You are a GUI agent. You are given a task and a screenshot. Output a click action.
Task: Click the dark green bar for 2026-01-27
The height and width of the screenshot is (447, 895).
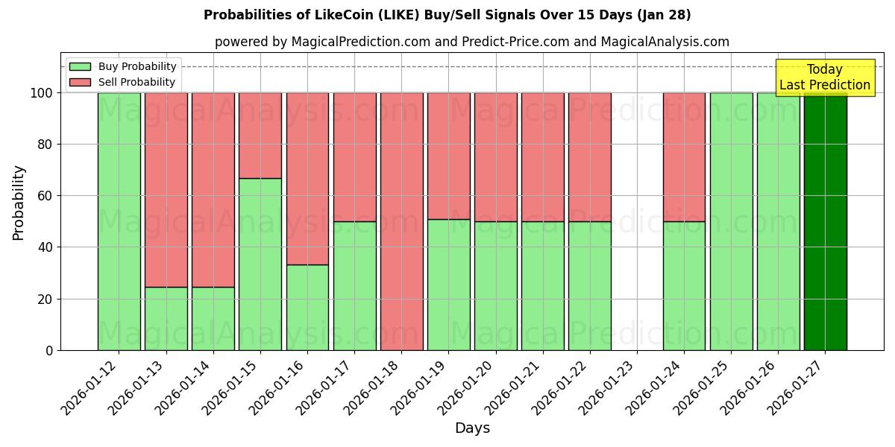(825, 221)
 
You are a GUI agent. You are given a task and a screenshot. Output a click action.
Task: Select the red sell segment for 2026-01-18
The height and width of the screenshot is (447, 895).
(401, 221)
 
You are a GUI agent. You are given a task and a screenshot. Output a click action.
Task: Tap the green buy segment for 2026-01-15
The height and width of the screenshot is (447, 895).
(260, 264)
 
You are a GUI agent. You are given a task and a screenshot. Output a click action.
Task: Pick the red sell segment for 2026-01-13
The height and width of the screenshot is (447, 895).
(166, 189)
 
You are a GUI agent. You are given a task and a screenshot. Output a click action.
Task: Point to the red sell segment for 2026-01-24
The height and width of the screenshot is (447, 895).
(684, 156)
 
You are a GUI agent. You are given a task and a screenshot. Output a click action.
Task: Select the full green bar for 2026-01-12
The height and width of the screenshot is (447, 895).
(119, 221)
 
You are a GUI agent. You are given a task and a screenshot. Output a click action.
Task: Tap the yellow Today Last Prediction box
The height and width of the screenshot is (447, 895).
(825, 77)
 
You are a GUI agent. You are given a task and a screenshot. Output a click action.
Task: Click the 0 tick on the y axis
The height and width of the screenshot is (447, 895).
(49, 350)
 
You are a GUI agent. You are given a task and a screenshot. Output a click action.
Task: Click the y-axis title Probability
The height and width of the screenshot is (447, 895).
(19, 202)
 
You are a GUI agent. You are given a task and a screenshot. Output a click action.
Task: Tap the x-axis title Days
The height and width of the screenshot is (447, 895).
(472, 428)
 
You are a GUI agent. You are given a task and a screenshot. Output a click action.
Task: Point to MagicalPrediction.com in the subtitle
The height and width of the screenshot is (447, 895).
(361, 42)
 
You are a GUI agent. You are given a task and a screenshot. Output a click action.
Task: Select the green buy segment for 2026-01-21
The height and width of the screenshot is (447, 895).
(542, 285)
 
